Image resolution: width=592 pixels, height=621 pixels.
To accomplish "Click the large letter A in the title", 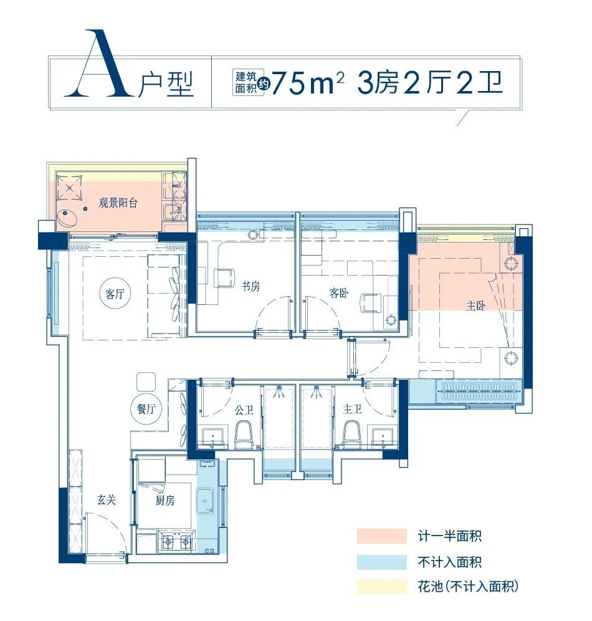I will click(x=98, y=65).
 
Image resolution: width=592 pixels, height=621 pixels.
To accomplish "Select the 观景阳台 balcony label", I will click(x=118, y=203).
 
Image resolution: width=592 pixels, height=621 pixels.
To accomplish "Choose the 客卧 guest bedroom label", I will click(x=338, y=293).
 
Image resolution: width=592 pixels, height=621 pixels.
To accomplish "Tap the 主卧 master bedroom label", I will click(x=475, y=306).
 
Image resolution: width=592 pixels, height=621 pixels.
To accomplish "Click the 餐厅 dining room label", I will click(x=145, y=410).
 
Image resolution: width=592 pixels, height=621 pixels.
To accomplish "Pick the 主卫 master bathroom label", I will click(x=352, y=410).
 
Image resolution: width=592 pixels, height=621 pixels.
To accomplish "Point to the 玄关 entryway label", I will click(x=106, y=499).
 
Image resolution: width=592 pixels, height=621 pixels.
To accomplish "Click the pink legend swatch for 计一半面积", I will click(x=381, y=536).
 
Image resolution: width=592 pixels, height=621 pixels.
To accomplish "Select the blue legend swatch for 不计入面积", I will click(x=381, y=561).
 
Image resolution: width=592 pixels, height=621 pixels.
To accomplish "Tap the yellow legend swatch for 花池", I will click(x=381, y=586).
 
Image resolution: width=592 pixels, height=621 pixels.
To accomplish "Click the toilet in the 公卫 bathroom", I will click(x=244, y=434).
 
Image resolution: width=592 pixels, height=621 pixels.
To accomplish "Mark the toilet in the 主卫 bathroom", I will click(x=352, y=434).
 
